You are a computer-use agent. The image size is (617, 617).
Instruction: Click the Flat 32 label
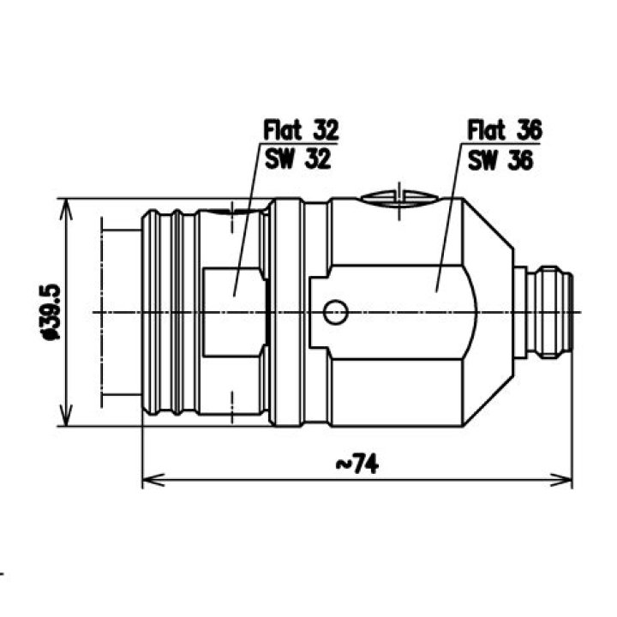(301, 130)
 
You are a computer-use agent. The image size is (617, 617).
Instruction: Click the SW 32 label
(298, 159)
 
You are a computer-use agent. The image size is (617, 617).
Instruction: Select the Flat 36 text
(505, 130)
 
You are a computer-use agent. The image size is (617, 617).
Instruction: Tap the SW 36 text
(500, 160)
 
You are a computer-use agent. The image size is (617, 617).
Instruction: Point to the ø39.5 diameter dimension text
(51, 312)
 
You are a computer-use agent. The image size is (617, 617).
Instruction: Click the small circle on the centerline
(335, 313)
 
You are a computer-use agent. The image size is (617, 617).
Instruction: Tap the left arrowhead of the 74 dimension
(153, 480)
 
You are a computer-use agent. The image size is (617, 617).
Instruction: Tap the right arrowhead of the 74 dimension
(561, 480)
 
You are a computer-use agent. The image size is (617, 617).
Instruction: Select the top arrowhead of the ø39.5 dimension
(66, 210)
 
